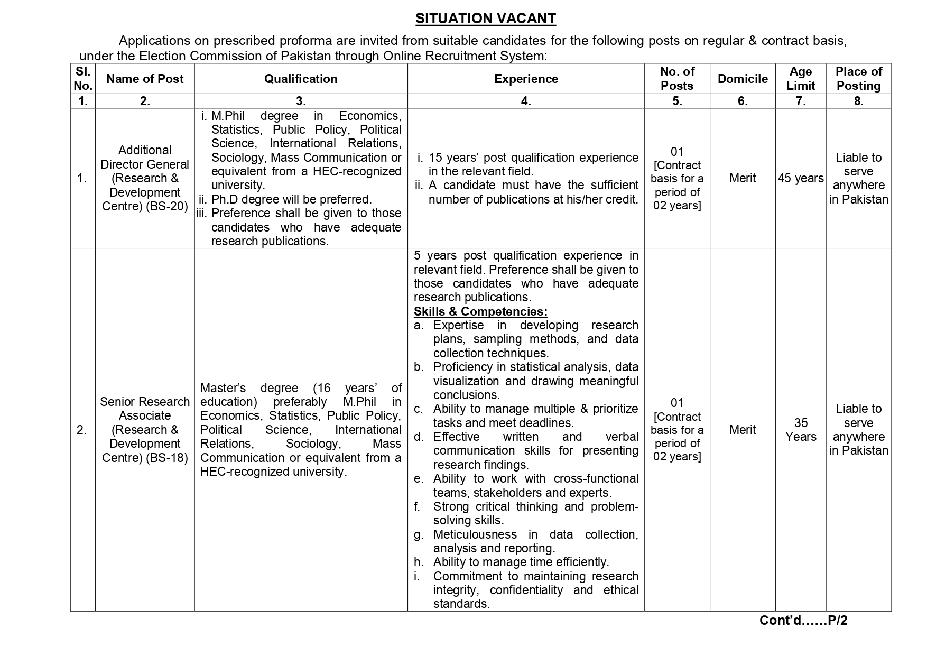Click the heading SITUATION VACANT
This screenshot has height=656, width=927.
tap(485, 19)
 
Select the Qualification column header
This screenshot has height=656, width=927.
tap(301, 79)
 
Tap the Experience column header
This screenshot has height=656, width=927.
tap(526, 79)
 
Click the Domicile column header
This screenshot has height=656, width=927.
tap(743, 79)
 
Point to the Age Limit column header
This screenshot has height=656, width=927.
tap(801, 79)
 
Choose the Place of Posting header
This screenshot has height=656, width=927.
tap(859, 79)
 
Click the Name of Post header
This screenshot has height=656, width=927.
tap(145, 79)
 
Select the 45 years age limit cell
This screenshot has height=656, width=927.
tap(801, 179)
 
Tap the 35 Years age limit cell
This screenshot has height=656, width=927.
tap(801, 430)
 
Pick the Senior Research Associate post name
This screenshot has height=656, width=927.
tap(145, 409)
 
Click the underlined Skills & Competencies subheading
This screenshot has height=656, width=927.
tap(480, 311)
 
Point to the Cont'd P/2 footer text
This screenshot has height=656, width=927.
tap(803, 621)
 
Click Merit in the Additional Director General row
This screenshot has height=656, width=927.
tap(743, 179)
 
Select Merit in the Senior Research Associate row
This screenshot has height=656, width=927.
tap(743, 430)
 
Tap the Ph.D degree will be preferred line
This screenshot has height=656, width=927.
tap(291, 199)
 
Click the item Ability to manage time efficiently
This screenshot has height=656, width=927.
tap(521, 562)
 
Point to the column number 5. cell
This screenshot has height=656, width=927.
tap(677, 101)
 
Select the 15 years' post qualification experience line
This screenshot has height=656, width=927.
tap(533, 158)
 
